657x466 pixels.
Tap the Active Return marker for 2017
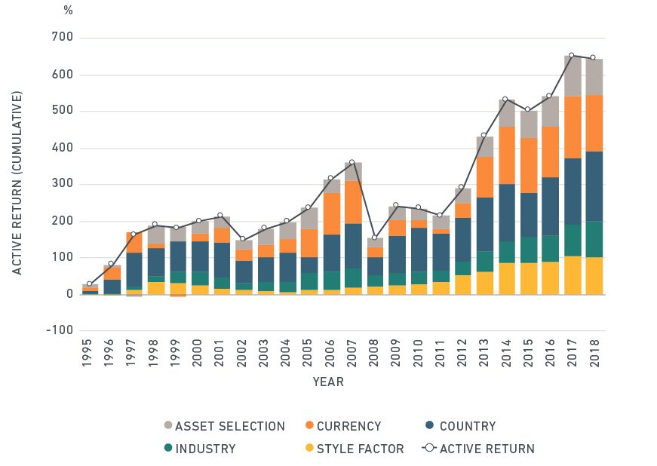(571, 55)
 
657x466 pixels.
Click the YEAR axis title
(328, 382)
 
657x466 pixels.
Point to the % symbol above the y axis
(69, 11)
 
